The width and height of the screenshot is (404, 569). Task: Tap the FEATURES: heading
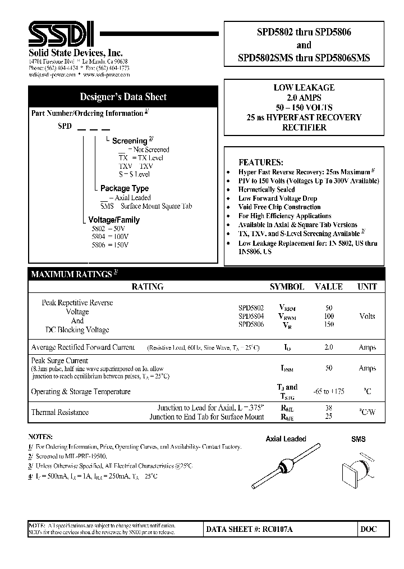(260, 162)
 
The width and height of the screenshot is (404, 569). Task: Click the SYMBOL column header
(287, 287)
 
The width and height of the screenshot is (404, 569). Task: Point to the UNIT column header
(367, 287)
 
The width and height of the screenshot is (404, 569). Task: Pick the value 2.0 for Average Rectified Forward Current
(329, 347)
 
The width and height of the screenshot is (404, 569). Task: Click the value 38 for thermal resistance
(329, 408)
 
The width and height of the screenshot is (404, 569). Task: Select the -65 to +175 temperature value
(329, 391)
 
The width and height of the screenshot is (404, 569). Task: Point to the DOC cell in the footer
(369, 529)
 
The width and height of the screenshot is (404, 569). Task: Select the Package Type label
(124, 188)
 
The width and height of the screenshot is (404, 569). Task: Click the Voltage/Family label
(114, 220)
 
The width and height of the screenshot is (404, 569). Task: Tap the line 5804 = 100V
(111, 237)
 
